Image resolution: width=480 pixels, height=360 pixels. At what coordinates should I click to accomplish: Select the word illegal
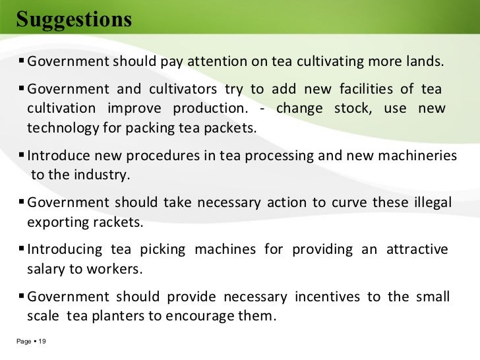coord(429,202)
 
